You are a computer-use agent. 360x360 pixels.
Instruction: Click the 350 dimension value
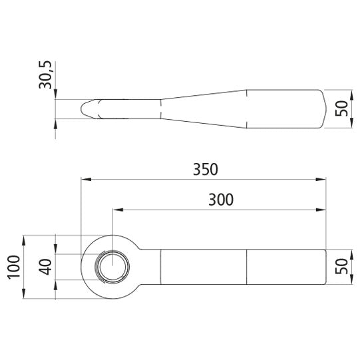coord(205,170)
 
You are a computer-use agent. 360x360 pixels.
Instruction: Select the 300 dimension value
coord(221,200)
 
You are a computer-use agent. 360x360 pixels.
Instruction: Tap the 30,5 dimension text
coord(45,75)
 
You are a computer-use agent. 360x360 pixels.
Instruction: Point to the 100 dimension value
coord(14,267)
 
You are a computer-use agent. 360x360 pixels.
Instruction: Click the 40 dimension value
coord(45,267)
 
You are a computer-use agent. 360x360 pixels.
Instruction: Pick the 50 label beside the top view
coord(341,108)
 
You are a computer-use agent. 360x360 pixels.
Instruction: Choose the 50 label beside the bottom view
coord(341,266)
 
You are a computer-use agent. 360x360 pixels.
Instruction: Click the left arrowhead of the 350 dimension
coord(86,179)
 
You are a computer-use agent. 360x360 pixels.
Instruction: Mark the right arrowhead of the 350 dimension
coord(321,179)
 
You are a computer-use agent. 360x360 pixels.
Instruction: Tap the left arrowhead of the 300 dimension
coord(118,210)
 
